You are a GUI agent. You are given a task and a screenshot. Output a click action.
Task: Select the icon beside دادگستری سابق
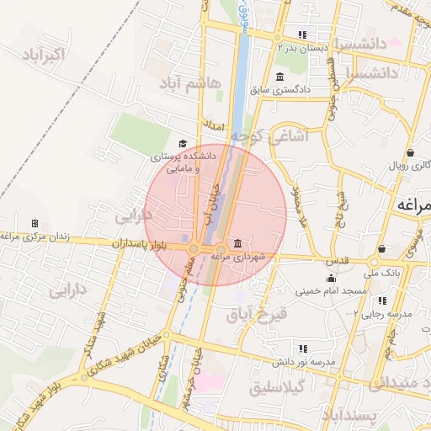pyautogui.click(x=280, y=77)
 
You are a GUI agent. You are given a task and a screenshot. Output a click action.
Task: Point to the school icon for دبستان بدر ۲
pyautogui.click(x=301, y=35)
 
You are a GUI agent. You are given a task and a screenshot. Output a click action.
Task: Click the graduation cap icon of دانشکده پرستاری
pyautogui.click(x=183, y=144)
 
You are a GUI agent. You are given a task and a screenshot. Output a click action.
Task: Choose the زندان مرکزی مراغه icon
pyautogui.click(x=35, y=223)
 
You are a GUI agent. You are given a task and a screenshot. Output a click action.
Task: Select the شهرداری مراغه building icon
pyautogui.click(x=237, y=243)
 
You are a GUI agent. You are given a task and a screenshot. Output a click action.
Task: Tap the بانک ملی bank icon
pyautogui.click(x=382, y=249)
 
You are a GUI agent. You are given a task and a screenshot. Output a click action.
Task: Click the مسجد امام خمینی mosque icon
pyautogui.click(x=331, y=279)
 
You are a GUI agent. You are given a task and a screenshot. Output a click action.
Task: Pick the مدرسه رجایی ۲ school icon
pyautogui.click(x=382, y=300)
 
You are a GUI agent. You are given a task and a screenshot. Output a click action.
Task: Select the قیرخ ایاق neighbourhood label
pyautogui.click(x=257, y=315)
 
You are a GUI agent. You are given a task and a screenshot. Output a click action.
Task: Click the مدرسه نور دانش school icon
pyautogui.click(x=302, y=349)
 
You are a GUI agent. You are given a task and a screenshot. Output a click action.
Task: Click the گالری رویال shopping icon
pyautogui.click(x=410, y=152)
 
